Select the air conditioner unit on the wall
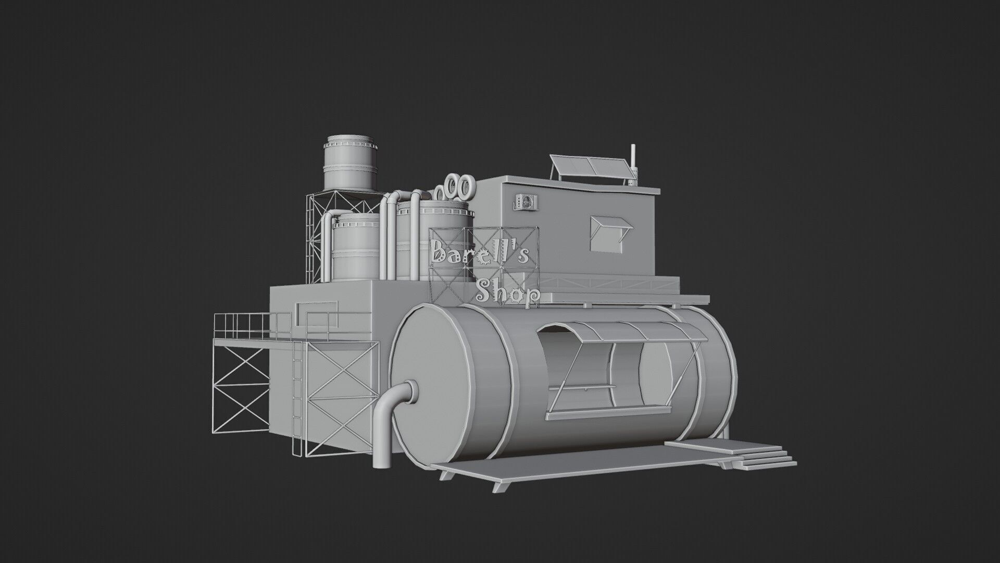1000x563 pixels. coord(526,202)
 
